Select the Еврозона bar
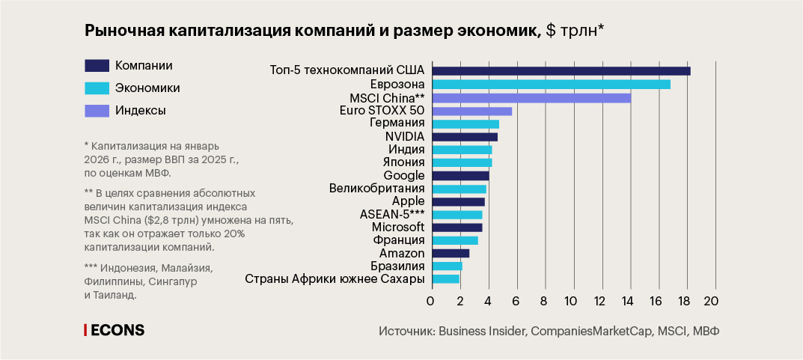551,85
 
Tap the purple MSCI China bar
531,98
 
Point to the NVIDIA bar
465,137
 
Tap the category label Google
404,175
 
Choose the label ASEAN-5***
392,214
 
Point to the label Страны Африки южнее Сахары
335,279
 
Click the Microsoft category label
398,227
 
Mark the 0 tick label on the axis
430,301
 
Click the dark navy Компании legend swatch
97,65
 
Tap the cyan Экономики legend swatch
97,88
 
